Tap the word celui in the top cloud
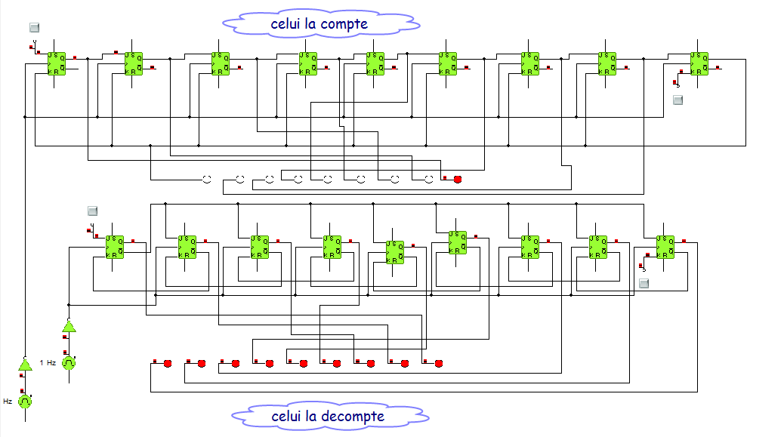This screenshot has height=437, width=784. coord(286,24)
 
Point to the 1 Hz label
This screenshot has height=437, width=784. coord(48,362)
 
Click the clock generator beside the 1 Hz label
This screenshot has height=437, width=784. coord(69,362)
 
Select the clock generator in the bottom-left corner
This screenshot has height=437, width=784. coord(25,402)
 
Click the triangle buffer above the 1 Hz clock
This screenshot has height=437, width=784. coord(69,327)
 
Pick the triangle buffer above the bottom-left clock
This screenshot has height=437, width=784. coord(25,365)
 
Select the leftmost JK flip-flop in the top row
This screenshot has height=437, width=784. coord(57,63)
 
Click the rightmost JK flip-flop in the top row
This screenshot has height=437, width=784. coord(699,63)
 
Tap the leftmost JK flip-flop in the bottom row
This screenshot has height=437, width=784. coord(115,246)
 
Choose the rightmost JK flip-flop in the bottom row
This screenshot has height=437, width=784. coord(665,246)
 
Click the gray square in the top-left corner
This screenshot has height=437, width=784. coord(34,28)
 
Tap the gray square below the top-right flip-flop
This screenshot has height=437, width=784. coord(678,100)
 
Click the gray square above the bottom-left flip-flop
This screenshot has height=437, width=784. coord(93,211)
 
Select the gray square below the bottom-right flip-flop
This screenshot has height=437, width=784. coord(644,283)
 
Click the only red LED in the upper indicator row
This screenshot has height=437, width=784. coord(457,179)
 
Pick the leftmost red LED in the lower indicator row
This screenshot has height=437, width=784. coord(168,363)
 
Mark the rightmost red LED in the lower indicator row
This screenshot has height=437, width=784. coord(438,363)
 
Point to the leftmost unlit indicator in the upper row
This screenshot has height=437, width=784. coord(205,179)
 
